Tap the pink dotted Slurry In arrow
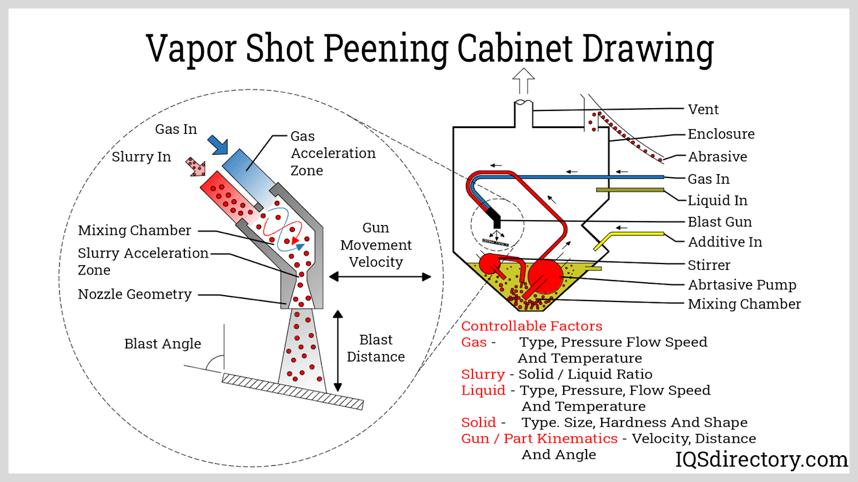point(196,167)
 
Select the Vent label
point(703,110)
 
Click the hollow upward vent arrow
point(523,81)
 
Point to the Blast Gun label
point(720,222)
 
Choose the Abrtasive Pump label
point(742,285)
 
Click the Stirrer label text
point(709,265)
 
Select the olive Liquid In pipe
point(630,190)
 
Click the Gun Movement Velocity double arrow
point(380,277)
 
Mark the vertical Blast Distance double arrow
point(338,351)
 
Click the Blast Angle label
point(162,344)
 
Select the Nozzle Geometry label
point(135,295)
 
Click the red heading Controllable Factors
point(531,326)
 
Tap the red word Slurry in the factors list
point(483,374)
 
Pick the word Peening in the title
point(386,49)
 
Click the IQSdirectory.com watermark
point(761,460)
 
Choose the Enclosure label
point(721,134)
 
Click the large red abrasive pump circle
point(545,276)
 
